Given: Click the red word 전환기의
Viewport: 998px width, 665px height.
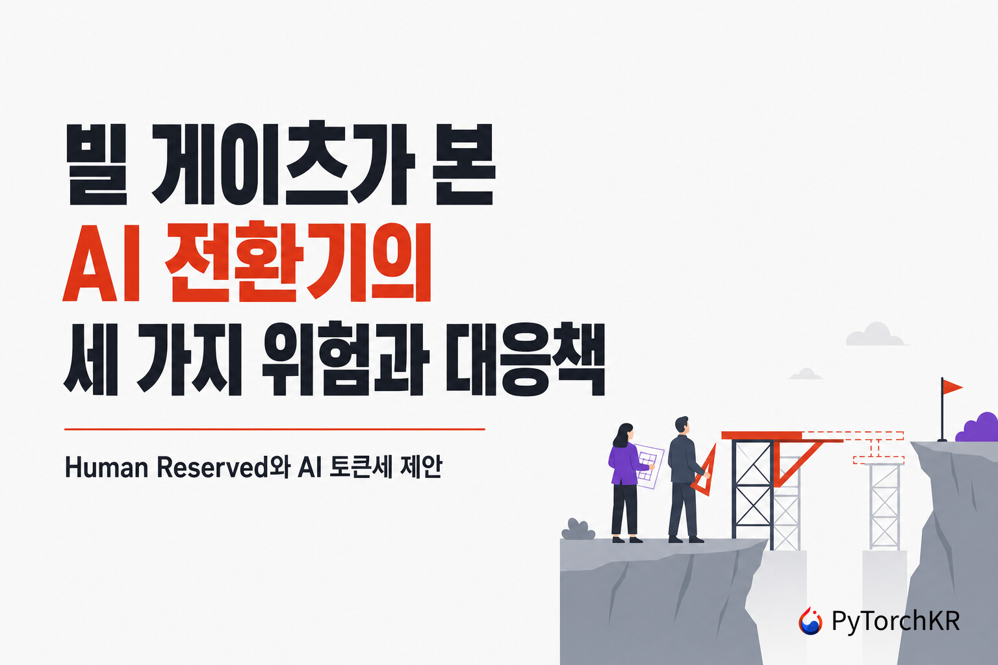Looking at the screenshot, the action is coord(298,262).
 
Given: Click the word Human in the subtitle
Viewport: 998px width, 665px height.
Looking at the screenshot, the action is coord(107,467).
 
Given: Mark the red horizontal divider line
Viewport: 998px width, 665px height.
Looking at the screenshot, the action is coord(274,429).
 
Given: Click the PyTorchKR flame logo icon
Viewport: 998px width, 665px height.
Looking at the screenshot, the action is coord(810,621).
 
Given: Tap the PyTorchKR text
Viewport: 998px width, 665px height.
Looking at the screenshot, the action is coord(896,621).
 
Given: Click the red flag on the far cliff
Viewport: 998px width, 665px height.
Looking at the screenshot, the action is coord(952,387).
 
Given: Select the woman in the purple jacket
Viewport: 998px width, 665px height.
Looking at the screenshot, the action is coord(626,483).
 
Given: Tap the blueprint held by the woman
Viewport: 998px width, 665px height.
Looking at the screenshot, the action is coord(648,466).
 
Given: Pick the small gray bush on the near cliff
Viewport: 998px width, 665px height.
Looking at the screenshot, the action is coord(578,529).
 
